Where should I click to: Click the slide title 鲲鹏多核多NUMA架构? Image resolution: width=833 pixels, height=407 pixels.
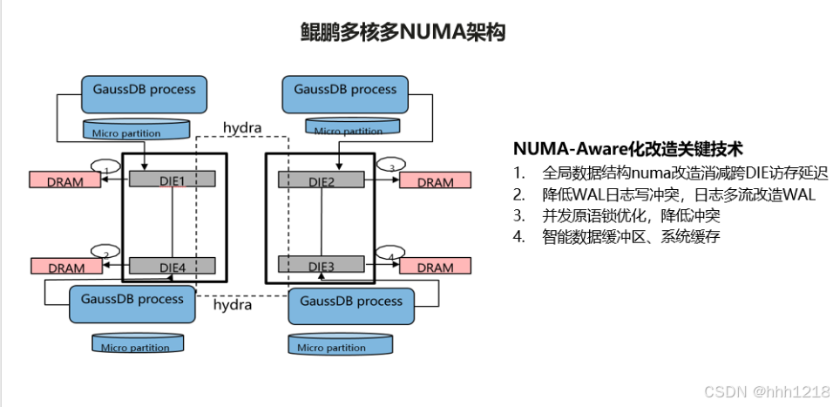pos(403,32)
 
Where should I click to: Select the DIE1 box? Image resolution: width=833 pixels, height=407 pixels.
pos(172,179)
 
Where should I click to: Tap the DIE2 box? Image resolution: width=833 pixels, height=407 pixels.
pos(321,179)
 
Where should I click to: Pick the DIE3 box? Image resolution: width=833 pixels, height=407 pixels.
pos(321,264)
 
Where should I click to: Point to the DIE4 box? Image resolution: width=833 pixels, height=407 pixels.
pos(172,264)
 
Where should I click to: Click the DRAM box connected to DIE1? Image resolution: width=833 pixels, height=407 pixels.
pos(65,181)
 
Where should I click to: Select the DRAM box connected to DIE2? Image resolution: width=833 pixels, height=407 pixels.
pos(435,181)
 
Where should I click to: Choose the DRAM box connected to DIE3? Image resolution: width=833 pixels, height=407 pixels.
pos(435,267)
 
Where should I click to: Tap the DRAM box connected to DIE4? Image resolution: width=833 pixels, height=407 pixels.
pos(65,268)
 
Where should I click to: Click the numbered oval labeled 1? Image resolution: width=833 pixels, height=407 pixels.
pos(105,167)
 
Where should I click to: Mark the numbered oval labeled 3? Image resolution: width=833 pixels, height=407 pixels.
pos(391,166)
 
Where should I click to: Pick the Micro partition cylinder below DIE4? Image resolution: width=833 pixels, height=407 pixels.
pos(139,344)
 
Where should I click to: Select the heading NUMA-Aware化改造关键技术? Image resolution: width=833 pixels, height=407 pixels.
pos(627,148)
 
